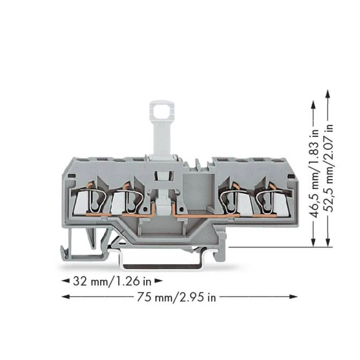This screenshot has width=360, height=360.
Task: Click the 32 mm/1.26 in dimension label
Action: tap(112, 281)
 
